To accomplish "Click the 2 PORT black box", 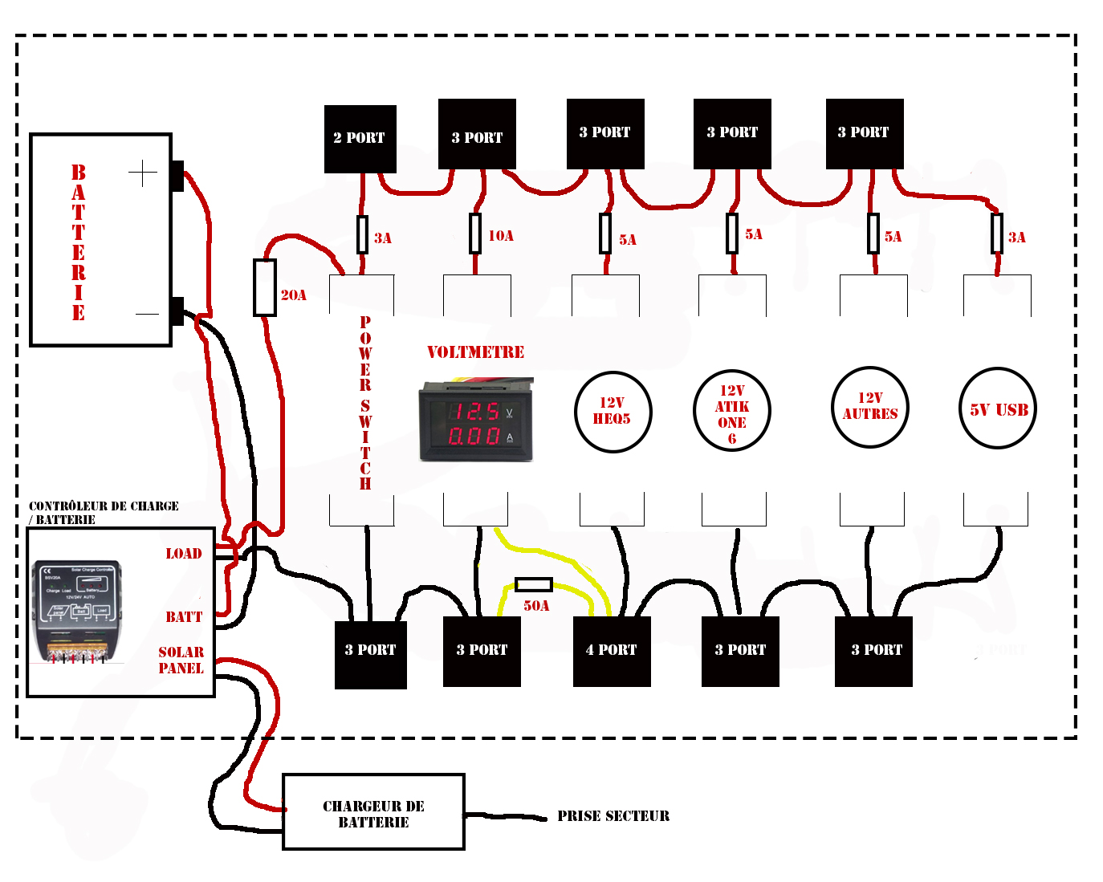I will tap(360, 138).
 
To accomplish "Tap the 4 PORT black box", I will tap(612, 650).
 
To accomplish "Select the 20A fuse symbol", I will tap(265, 287).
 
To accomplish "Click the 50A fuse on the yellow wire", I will tap(533, 584).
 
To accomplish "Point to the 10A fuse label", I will tap(501, 236).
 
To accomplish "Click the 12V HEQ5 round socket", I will tap(613, 412).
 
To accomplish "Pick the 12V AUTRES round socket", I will tap(870, 407).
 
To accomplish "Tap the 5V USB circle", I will tap(999, 409).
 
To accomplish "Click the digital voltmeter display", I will tap(476, 422).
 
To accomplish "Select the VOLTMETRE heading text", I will tap(475, 352).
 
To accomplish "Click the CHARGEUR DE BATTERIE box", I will tap(373, 812).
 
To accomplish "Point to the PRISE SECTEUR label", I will tap(613, 816).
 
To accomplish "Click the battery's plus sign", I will tap(143, 173).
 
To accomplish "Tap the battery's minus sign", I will tap(147, 314).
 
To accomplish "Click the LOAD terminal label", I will tap(184, 554).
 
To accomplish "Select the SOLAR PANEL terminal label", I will tap(181, 660).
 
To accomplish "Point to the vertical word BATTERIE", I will tap(78, 242).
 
